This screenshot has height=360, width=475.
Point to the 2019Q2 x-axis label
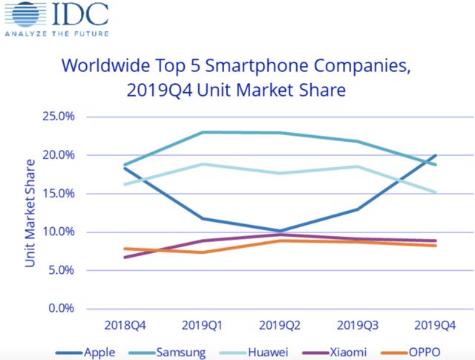(x=278, y=326)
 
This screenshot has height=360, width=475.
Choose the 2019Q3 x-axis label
(x=357, y=326)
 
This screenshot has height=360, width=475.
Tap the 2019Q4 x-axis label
(x=435, y=326)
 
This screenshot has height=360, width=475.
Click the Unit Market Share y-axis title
(x=30, y=212)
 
